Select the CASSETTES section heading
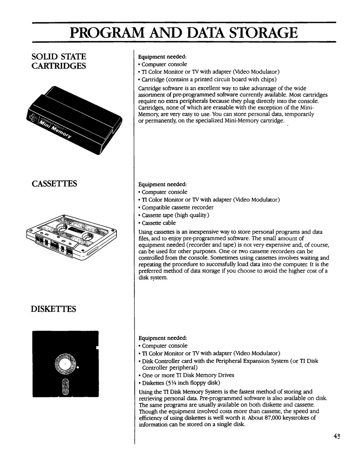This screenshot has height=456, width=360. [x=54, y=184]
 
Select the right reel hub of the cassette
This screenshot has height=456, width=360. [x=87, y=237]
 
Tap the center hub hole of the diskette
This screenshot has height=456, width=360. [x=65, y=364]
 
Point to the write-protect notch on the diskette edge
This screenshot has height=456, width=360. [x=97, y=348]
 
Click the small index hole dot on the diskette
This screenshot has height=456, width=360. [x=78, y=368]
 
